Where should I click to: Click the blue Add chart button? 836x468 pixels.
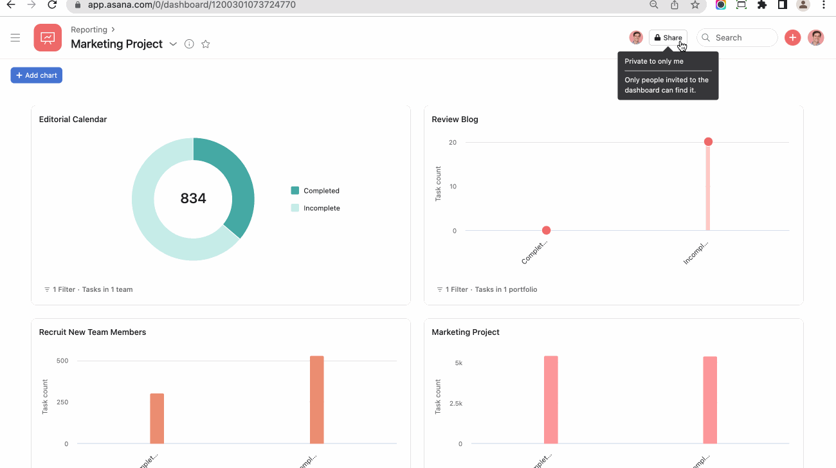37,75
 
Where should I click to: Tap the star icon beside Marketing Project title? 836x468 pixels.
206,44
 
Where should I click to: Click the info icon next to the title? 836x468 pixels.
189,44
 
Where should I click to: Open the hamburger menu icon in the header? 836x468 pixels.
15,38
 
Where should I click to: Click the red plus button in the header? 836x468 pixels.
792,38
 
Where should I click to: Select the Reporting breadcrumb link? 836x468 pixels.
89,30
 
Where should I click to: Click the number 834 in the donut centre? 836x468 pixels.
193,199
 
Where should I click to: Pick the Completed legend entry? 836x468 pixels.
321,191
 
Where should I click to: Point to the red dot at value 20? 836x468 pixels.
708,141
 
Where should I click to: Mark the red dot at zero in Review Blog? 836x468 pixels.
546,230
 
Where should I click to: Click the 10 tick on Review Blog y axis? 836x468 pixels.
453,186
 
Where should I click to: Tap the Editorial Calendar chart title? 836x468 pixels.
73,120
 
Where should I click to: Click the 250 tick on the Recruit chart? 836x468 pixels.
62,402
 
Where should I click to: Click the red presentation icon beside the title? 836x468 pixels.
48,38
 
